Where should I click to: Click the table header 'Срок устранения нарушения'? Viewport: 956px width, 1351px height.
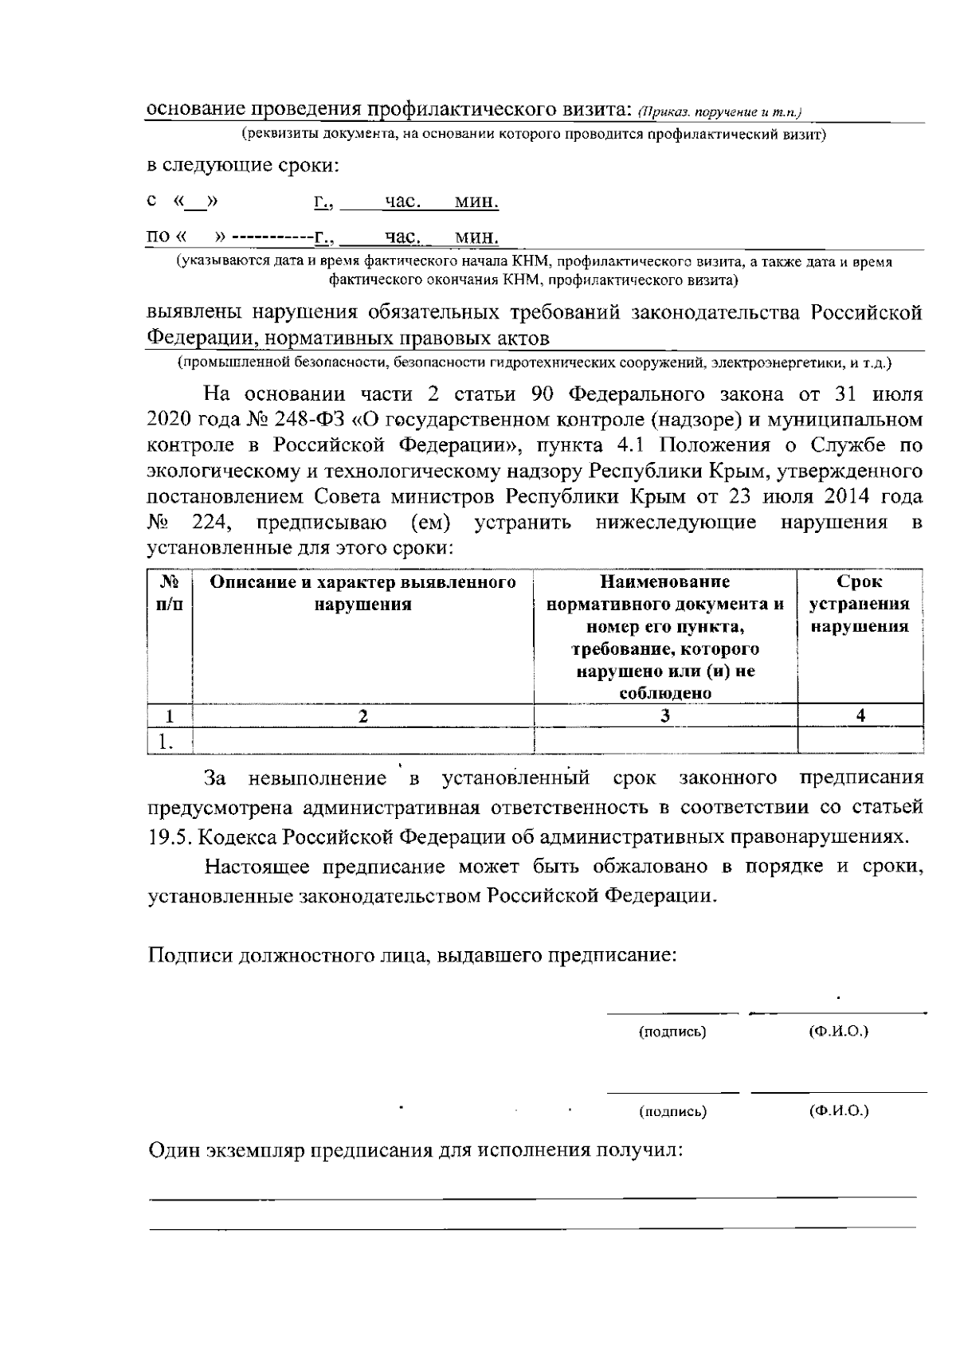tap(860, 605)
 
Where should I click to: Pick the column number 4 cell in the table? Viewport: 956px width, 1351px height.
tap(860, 715)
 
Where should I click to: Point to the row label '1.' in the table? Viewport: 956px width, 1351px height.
tap(166, 742)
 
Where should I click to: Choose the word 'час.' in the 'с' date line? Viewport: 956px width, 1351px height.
tap(402, 202)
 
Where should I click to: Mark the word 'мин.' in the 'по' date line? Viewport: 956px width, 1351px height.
tap(476, 237)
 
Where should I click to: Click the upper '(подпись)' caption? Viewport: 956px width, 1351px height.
tap(673, 1032)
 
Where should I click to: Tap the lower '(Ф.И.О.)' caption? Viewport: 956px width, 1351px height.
tap(838, 1110)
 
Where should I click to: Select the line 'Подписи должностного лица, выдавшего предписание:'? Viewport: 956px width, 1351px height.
tap(412, 954)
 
